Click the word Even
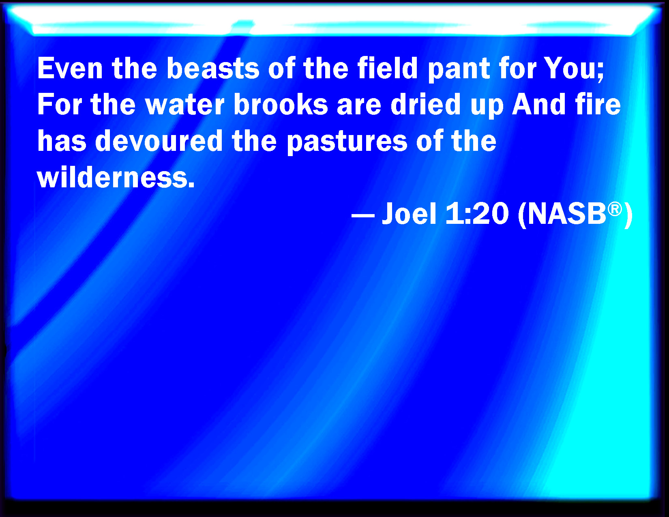[x=70, y=69]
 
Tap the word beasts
[x=213, y=69]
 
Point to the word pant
[x=459, y=71]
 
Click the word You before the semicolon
[x=570, y=69]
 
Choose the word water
[x=185, y=105]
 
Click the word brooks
[x=281, y=104]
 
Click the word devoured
[x=159, y=140]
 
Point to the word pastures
[x=347, y=142]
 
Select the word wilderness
[x=116, y=177]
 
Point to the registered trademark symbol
[x=615, y=209]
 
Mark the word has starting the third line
[x=62, y=140]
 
